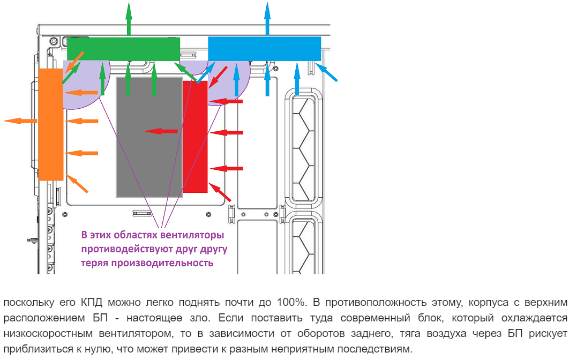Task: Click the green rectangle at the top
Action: (x=123, y=49)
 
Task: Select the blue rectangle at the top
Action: (x=264, y=48)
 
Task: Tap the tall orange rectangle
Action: (x=51, y=124)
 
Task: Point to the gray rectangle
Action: (x=149, y=137)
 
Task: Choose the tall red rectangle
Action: (x=195, y=137)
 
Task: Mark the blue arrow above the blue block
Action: (x=267, y=18)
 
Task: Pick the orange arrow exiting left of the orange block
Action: (x=20, y=121)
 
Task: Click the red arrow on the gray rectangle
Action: (x=161, y=131)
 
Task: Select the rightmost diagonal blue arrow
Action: (x=326, y=72)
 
